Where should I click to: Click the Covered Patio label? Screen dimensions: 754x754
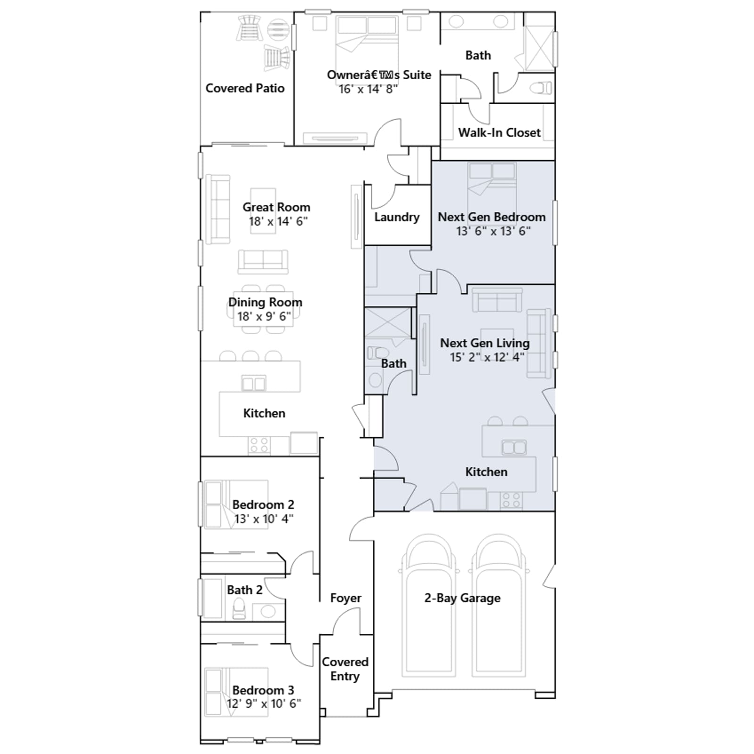click(245, 88)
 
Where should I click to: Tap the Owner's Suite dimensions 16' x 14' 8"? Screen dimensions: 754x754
click(368, 89)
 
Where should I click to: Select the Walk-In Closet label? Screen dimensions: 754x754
click(500, 132)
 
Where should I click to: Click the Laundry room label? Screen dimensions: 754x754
click(397, 217)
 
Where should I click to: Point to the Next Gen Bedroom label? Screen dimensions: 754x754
click(492, 217)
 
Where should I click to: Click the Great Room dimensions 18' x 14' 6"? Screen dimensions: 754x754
click(278, 221)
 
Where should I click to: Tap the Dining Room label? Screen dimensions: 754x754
click(265, 302)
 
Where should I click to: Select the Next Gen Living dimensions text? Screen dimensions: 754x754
click(487, 357)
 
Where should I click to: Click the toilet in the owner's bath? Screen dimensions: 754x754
click(541, 88)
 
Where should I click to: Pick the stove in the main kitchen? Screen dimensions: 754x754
click(259, 445)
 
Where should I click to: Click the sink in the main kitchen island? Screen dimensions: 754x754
click(254, 383)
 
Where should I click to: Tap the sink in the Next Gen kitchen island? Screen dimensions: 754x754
click(514, 447)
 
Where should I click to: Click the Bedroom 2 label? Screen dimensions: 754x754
click(263, 505)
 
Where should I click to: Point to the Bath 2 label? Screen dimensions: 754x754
click(245, 590)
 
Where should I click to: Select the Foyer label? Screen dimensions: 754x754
click(346, 598)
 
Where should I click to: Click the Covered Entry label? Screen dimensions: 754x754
click(345, 669)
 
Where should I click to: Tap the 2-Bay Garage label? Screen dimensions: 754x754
click(462, 598)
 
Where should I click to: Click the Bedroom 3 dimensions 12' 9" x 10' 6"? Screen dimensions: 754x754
click(264, 704)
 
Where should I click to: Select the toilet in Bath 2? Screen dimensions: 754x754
click(239, 608)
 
